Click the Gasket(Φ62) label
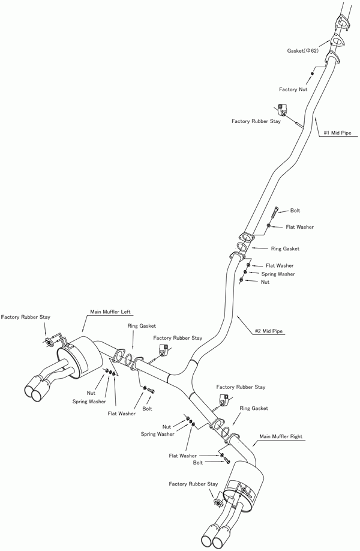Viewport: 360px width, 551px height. coord(303,50)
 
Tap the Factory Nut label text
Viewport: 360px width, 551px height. coord(293,89)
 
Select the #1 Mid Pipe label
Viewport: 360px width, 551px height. coord(337,133)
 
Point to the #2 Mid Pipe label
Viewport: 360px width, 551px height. coord(269,331)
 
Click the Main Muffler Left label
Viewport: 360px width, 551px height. coord(110,312)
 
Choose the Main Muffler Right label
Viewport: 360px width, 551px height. coord(281,436)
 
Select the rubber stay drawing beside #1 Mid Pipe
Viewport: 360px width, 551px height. coord(283,109)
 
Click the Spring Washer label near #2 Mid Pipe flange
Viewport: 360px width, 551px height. coord(278,274)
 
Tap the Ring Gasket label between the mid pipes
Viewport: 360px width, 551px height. coord(285,249)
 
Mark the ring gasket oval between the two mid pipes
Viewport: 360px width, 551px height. coord(241,248)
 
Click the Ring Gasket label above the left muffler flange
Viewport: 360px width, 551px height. coord(142,326)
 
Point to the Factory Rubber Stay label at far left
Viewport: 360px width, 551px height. coord(26,317)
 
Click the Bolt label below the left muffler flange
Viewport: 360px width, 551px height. coord(148,409)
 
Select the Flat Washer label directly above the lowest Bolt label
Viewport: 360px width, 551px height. coord(182,456)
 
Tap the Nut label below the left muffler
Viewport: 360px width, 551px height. coord(91,393)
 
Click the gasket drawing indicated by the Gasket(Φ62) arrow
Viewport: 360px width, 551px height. coord(338,40)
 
